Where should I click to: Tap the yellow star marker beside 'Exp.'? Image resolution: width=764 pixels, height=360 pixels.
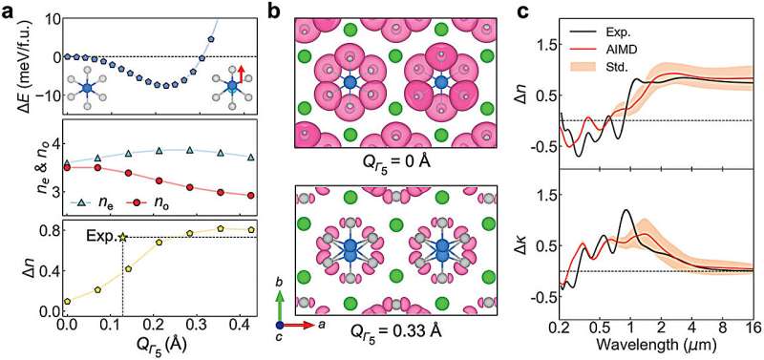coord(123,237)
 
